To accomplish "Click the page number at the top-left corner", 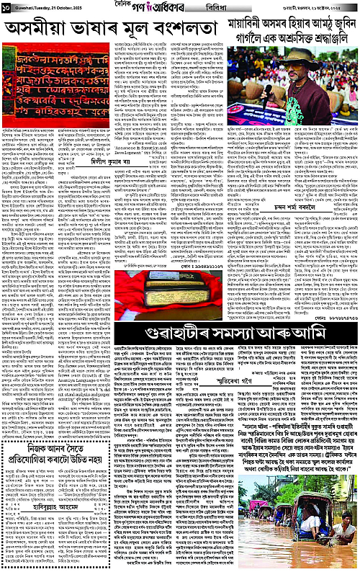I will (x=6, y=6).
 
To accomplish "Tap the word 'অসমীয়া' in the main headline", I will (x=36, y=29).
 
